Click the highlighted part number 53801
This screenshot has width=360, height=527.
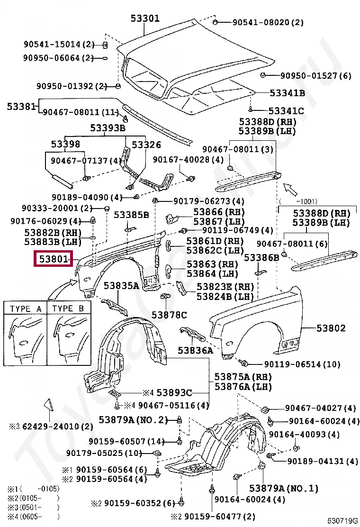53,260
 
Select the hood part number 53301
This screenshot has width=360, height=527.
145,18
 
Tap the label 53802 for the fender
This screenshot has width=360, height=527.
331,328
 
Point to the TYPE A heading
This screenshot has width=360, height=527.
26,309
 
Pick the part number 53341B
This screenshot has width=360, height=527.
287,93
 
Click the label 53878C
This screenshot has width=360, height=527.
169,315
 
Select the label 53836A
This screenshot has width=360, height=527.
195,351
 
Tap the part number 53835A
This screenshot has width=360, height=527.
121,286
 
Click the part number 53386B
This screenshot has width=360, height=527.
261,258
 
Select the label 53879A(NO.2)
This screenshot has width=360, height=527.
134,420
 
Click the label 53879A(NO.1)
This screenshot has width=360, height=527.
284,488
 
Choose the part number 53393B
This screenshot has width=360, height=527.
108,128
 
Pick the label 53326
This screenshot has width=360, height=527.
146,145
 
